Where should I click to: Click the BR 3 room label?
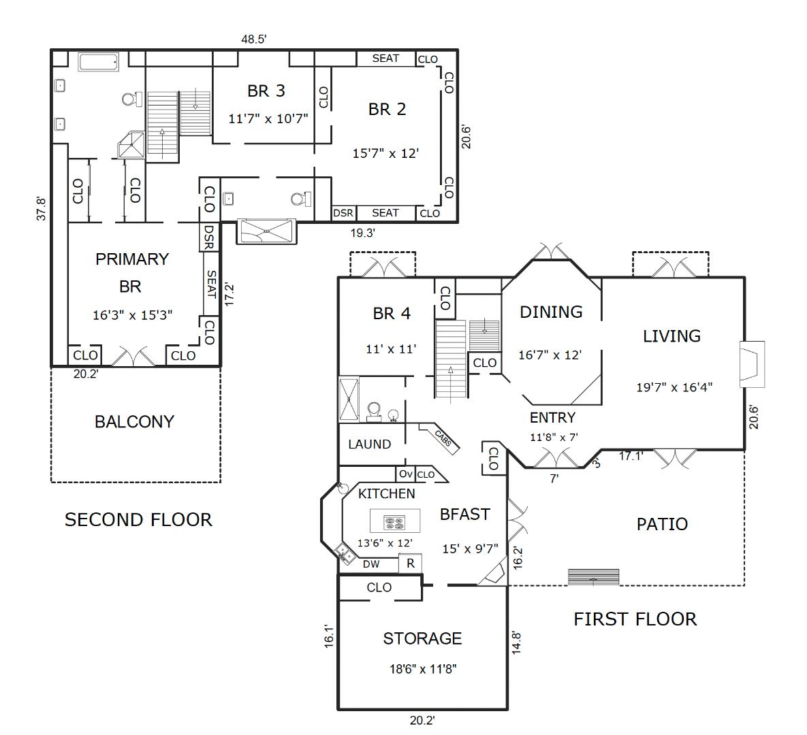(x=266, y=91)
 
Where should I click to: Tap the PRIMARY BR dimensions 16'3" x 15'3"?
(x=132, y=315)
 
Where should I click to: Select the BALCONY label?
(x=134, y=422)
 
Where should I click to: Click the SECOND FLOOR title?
(x=138, y=520)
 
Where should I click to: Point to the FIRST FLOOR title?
(x=635, y=619)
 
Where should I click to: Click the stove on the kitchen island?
(x=395, y=523)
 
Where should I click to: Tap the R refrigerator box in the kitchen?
(x=411, y=563)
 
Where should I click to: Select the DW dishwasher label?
(x=371, y=564)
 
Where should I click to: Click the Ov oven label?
(x=406, y=474)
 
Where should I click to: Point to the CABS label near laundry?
(x=443, y=438)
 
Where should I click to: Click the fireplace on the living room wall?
(x=753, y=363)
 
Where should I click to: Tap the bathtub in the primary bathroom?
(x=99, y=62)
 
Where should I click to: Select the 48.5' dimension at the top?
(x=254, y=39)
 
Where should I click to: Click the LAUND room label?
(x=370, y=444)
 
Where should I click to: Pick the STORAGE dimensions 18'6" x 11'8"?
(x=423, y=669)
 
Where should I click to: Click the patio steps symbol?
(x=593, y=577)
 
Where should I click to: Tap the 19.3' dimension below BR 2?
(x=363, y=233)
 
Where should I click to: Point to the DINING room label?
(x=551, y=312)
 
